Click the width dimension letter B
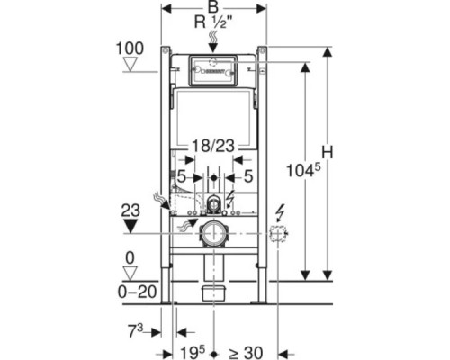tap(213, 8)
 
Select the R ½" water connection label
tap(213, 22)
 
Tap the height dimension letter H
tap(328, 152)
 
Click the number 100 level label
tap(130, 49)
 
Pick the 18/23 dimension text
tap(213, 147)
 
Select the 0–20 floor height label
tap(137, 292)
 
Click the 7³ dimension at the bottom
tap(136, 331)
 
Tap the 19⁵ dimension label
tap(193, 352)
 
